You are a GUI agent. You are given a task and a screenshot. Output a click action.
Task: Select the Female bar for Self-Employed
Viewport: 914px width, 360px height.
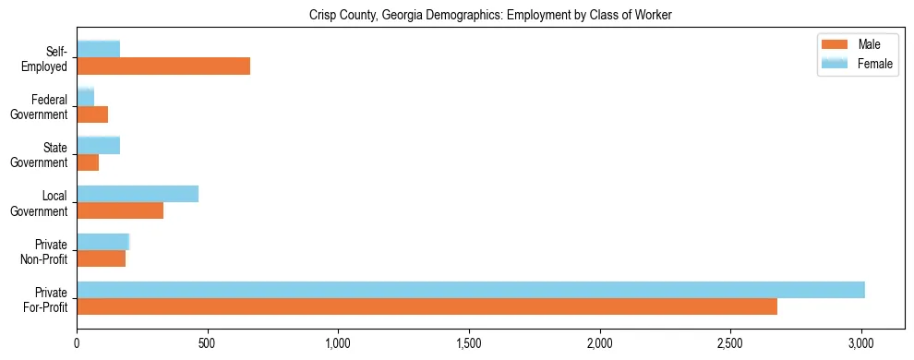coord(99,50)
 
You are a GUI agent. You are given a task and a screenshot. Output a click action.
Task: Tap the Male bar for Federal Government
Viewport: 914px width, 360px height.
coord(92,114)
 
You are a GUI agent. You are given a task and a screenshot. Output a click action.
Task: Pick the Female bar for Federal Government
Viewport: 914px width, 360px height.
coord(86,98)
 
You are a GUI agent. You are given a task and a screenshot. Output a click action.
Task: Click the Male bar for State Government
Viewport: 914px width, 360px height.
coord(88,162)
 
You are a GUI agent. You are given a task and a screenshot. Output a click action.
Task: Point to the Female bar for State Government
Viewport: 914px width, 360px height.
coord(99,146)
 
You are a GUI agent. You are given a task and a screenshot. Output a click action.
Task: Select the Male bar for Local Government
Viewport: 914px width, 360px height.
coord(120,210)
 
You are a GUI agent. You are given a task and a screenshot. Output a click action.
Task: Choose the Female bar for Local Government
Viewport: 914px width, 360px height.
coord(138,194)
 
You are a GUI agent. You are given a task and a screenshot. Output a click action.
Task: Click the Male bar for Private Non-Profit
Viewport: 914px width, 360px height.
coord(102,258)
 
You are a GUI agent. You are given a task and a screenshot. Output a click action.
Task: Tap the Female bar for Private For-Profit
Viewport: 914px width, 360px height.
coord(471,290)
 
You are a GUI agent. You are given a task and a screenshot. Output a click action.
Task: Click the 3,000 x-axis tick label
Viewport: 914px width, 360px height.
coord(861,343)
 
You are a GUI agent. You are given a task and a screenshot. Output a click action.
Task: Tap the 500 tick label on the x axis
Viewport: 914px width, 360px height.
coord(208,343)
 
